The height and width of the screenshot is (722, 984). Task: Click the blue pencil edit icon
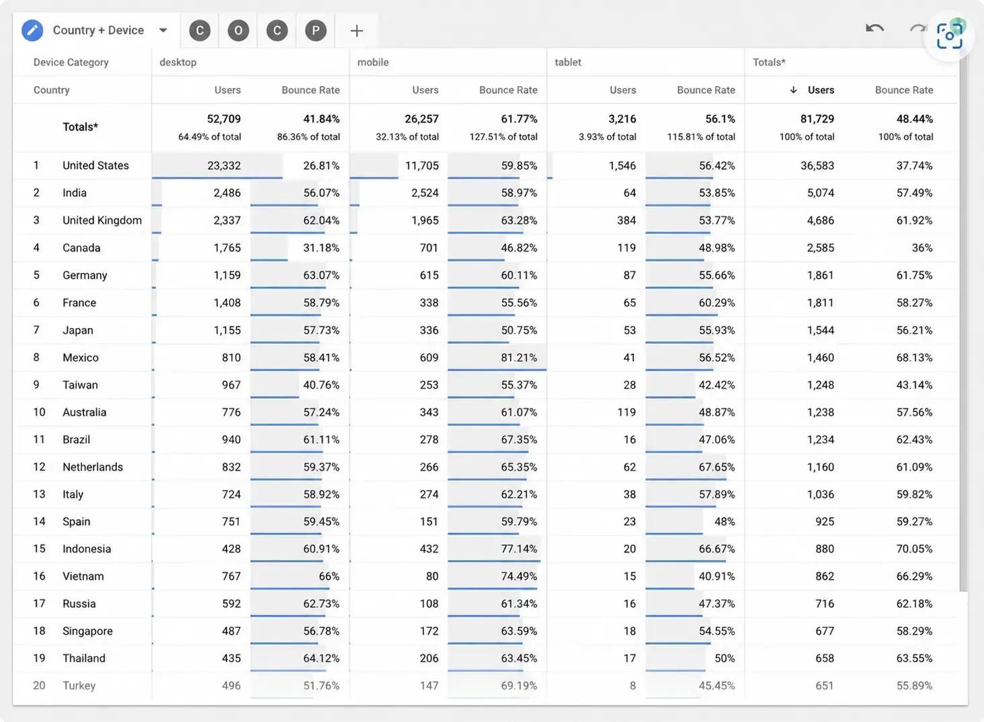tap(32, 30)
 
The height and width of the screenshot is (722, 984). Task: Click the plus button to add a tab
tap(357, 31)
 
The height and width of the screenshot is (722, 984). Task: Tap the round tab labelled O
tap(238, 30)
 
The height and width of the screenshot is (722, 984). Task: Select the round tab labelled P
tap(315, 30)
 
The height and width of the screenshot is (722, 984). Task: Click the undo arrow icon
tap(874, 28)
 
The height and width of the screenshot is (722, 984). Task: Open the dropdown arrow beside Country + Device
tap(163, 30)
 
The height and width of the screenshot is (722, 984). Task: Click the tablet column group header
tap(567, 62)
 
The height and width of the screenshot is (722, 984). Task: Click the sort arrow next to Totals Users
tap(793, 89)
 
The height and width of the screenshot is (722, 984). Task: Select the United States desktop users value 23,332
tap(224, 165)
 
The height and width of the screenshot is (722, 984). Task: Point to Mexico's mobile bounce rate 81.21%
tap(519, 358)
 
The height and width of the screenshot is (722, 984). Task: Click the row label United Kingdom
tap(102, 220)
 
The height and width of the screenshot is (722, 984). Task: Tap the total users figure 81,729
tap(817, 119)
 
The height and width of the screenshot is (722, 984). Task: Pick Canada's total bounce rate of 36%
tap(922, 248)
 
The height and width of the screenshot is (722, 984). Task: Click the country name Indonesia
tap(87, 549)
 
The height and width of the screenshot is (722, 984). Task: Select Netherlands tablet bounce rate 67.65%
tap(716, 467)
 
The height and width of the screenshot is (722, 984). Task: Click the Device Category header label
tap(71, 63)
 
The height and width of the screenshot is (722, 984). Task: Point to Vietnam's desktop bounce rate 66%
tap(329, 576)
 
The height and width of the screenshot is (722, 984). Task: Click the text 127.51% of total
tap(503, 136)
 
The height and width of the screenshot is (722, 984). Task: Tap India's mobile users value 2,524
tap(425, 193)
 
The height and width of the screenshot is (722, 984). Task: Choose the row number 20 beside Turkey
tap(39, 686)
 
